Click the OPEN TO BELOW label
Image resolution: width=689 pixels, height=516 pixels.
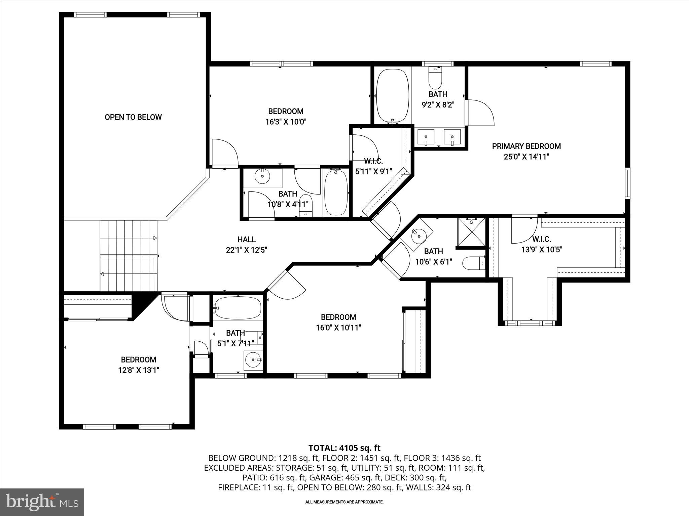[x=133, y=117]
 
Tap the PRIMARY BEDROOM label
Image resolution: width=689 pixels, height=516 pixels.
[x=526, y=146]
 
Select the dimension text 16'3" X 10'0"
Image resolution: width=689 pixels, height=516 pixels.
[x=286, y=122]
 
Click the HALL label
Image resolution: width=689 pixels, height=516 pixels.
[x=246, y=240]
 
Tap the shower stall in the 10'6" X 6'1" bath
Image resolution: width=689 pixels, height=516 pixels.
[x=471, y=232]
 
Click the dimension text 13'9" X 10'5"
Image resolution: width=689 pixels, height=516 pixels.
[x=542, y=250]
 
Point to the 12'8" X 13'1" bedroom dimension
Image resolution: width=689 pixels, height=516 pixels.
[x=138, y=370]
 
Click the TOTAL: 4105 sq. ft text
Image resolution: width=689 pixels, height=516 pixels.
[x=344, y=448]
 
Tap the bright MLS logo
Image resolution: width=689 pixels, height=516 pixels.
[x=42, y=502]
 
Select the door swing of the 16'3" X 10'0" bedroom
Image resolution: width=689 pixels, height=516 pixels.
[x=224, y=153]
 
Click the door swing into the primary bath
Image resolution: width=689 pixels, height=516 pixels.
[x=480, y=113]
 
